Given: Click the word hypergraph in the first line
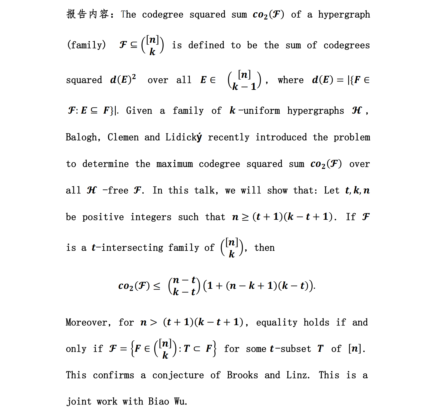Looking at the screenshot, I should pyautogui.click(x=344, y=15).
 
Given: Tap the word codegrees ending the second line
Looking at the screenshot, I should pyautogui.click(x=346, y=45).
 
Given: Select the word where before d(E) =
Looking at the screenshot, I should pyautogui.click(x=290, y=80).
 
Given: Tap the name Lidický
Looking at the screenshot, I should pyautogui.click(x=183, y=137).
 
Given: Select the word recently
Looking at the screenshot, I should pyautogui.click(x=229, y=137).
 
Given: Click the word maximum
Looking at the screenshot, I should pyautogui.click(x=175, y=164).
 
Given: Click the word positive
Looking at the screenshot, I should pyautogui.click(x=103, y=217).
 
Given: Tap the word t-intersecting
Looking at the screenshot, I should pyautogui.click(x=127, y=248).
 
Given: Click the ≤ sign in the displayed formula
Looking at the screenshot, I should pyautogui.click(x=157, y=286).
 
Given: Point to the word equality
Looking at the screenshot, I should pyautogui.click(x=277, y=322).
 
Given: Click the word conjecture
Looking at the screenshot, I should pyautogui.click(x=178, y=375).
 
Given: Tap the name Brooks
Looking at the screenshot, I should pyautogui.click(x=242, y=375).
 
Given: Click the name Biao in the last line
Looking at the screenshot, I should pyautogui.click(x=158, y=401).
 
